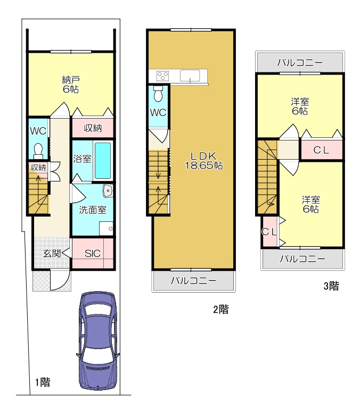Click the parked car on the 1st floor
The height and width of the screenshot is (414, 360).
point(98,341)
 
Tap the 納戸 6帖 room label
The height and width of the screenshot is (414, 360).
point(71,85)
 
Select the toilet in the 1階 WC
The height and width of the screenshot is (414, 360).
point(38,151)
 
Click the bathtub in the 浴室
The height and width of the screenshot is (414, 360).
point(103,161)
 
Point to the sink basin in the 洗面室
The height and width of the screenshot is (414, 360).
point(108,191)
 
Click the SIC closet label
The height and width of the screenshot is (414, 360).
point(93,253)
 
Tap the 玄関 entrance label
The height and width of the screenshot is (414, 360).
point(52,253)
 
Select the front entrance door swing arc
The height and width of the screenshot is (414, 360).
point(60,280)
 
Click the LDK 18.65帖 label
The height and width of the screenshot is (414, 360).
point(203,161)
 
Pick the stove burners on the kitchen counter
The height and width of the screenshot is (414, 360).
point(162,76)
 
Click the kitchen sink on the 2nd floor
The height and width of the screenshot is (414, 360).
point(190,76)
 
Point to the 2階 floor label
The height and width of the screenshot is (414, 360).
point(220,309)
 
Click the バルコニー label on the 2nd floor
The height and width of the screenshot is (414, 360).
point(193,280)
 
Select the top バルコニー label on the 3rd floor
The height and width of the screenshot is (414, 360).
point(300,63)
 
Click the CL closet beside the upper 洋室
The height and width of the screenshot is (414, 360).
point(321,150)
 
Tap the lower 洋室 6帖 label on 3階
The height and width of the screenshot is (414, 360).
point(311,204)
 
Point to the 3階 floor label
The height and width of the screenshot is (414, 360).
point(331,286)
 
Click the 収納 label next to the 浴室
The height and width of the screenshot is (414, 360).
point(93,128)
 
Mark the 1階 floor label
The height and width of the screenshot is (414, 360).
point(43,382)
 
